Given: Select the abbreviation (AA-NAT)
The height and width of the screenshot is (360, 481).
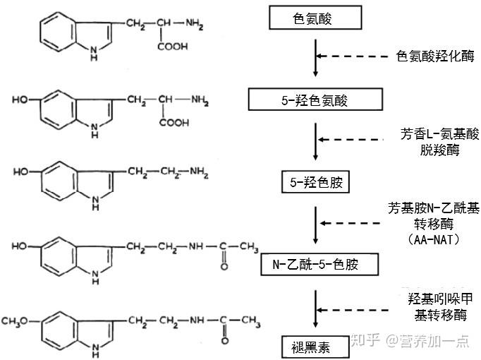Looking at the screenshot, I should point(433,239).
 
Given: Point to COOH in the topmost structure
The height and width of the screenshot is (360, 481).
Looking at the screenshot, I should point(173,47).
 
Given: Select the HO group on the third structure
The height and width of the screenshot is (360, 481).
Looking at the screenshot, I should point(20,172).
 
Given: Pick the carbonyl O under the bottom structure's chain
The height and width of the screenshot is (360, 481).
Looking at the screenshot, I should point(224,340).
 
